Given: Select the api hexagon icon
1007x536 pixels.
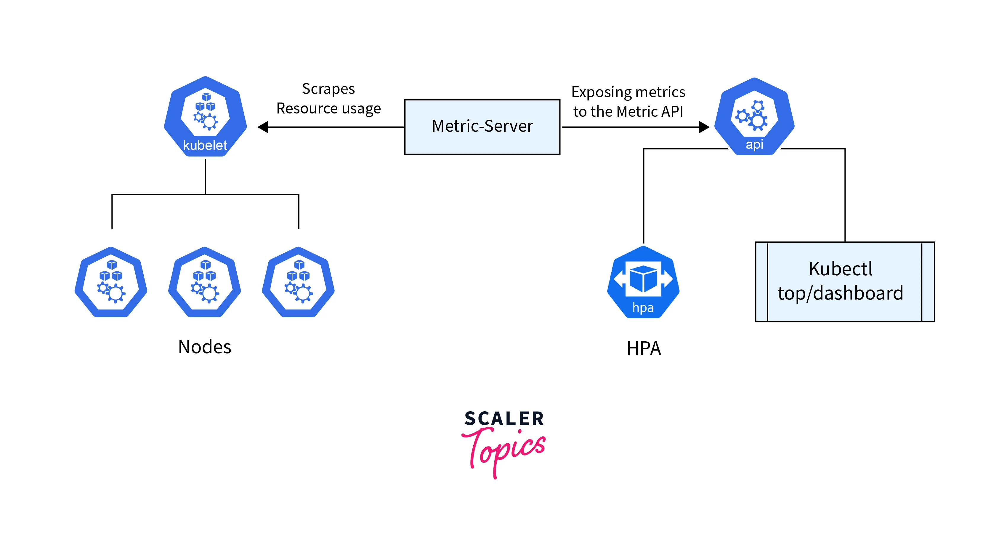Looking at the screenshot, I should (x=754, y=116).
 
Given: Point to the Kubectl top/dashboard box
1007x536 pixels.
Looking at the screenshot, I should (x=845, y=282).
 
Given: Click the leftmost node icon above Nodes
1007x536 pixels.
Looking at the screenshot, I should (x=111, y=282).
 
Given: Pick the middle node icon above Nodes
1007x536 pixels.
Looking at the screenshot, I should (x=204, y=282).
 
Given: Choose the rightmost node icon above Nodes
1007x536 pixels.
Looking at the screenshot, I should (x=298, y=282).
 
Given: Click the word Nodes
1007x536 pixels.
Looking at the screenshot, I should (x=204, y=347).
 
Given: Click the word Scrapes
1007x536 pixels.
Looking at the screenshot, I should (x=328, y=89).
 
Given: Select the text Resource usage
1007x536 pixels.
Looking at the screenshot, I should (x=328, y=108).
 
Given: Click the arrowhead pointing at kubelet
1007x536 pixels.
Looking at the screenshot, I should (x=263, y=127).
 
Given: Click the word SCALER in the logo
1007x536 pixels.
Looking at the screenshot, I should (x=504, y=419).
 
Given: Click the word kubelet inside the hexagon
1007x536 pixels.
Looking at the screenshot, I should (x=205, y=145).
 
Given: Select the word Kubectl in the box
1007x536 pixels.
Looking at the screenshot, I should (x=841, y=269).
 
